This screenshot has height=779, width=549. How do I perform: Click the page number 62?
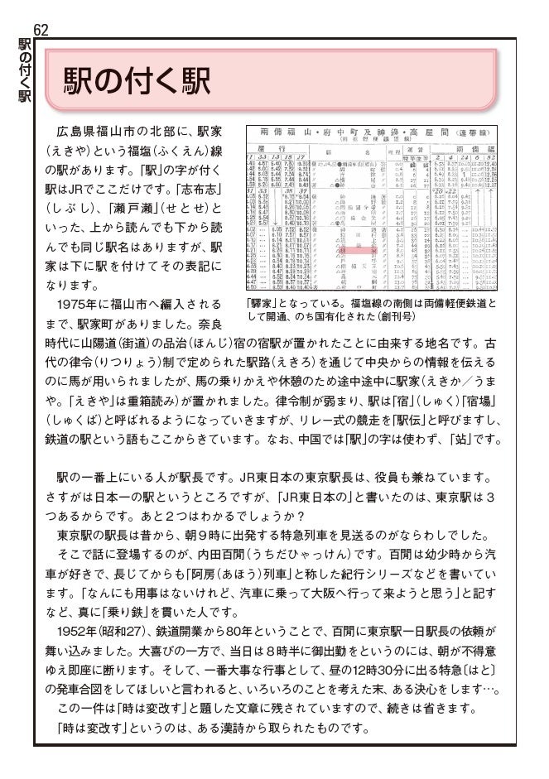[41, 30]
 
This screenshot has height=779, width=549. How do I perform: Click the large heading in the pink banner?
[135, 81]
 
